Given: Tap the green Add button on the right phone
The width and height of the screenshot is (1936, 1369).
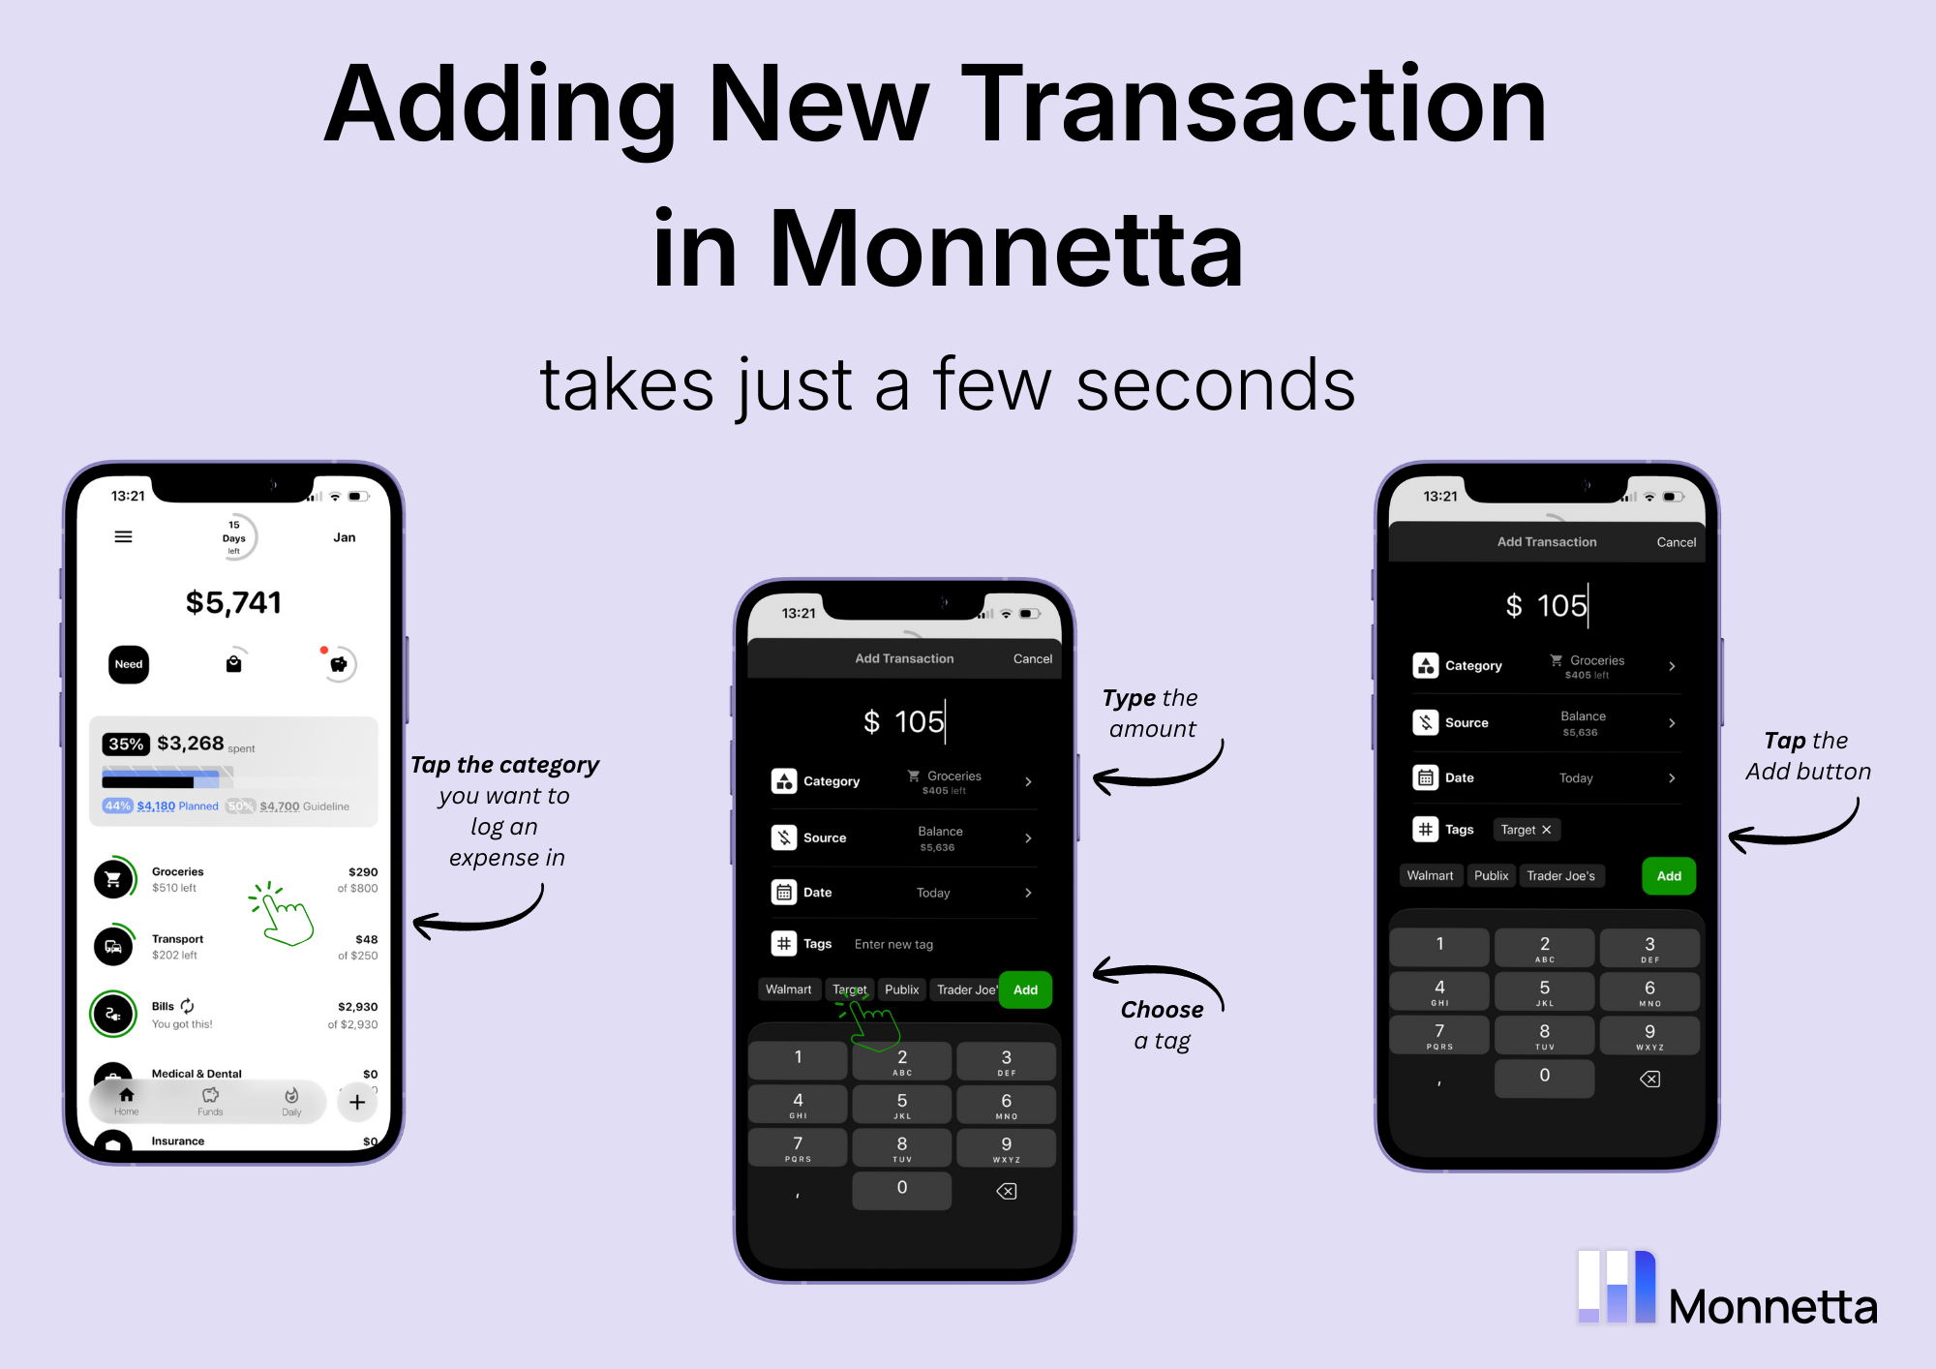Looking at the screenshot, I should coord(1668,876).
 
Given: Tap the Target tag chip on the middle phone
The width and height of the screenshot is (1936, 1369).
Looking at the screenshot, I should coord(850,989).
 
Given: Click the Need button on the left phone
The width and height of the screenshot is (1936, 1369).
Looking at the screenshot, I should coord(129,664).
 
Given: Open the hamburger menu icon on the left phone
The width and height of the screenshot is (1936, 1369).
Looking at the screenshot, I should coord(123,536).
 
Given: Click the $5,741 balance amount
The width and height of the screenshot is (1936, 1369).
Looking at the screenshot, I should coord(233,603).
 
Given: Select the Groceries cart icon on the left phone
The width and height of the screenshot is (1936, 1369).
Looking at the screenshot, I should coord(114,879).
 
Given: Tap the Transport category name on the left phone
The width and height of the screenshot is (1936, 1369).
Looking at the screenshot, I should coord(177,939).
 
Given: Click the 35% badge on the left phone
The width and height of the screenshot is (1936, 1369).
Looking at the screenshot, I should coord(126,744).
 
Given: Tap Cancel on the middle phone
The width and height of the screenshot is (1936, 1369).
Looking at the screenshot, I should coord(1032,658).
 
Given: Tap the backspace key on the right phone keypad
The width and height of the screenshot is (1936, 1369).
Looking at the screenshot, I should coord(1649,1079).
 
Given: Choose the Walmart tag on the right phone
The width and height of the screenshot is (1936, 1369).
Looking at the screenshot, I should coord(1430,876).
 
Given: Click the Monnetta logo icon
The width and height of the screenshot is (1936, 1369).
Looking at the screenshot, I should coord(1617,1287).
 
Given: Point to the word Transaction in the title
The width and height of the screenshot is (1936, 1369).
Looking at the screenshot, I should coord(1254,105).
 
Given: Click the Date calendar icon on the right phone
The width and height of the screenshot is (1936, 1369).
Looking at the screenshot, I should coord(1425,777).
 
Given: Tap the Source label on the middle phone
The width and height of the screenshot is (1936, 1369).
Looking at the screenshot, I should coord(825,838).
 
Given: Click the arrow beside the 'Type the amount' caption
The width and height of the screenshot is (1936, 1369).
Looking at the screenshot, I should coord(1157,772).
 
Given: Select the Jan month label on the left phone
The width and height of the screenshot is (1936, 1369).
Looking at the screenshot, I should coord(345,537).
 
